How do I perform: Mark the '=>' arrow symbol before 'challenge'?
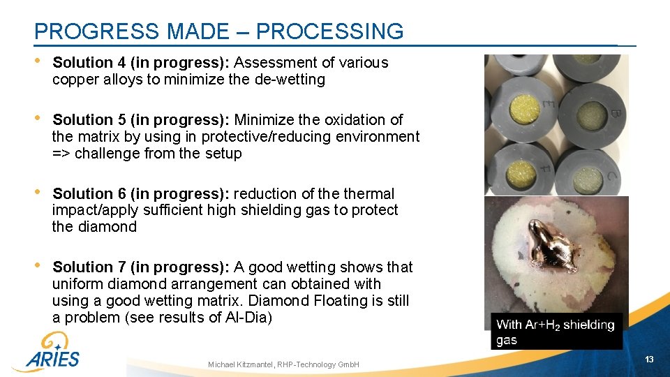tap(61, 154)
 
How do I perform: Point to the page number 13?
tap(649, 359)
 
